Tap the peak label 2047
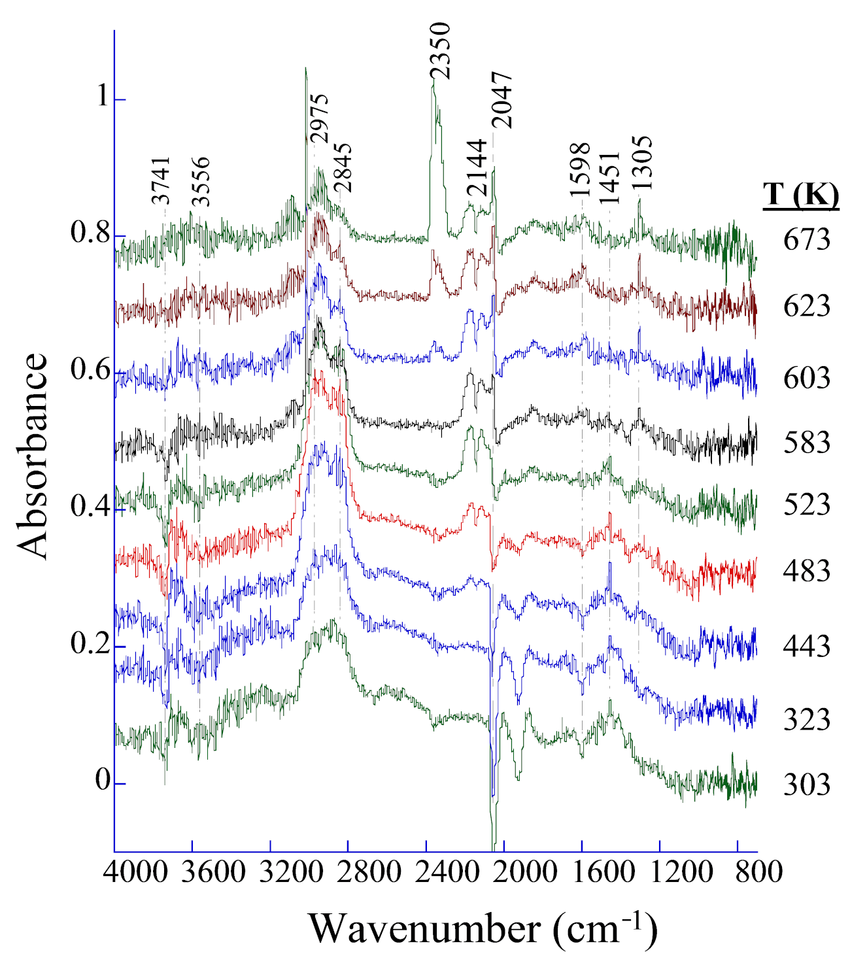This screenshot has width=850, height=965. tap(502, 100)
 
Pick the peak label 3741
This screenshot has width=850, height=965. tap(160, 181)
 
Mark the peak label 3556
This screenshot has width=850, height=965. tap(200, 182)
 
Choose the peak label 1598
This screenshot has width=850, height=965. tap(580, 170)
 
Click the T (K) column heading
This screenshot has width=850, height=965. tap(801, 195)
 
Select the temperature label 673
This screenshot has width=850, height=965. tap(807, 240)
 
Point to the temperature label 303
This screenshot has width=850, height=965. tap(807, 785)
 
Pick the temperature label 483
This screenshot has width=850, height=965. tap(807, 571)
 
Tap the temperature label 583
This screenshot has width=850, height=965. tap(807, 443)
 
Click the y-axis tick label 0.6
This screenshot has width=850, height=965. tap(90, 371)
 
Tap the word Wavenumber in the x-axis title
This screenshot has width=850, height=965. tap(424, 929)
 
